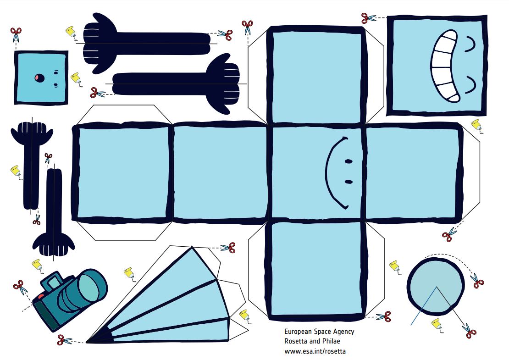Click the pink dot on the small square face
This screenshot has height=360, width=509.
tap(39, 78)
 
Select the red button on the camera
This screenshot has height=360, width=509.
tap(41, 296)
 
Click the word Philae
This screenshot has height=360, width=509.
tap(331, 341)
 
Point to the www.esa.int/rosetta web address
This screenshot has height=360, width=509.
tap(315, 351)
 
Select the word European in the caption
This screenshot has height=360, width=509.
tap(298, 332)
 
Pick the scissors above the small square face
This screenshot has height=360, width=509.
tap(16, 34)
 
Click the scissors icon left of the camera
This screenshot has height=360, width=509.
tap(21, 287)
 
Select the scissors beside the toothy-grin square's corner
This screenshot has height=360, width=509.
tap(368, 18)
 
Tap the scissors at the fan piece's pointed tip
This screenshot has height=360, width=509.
tap(64, 340)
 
